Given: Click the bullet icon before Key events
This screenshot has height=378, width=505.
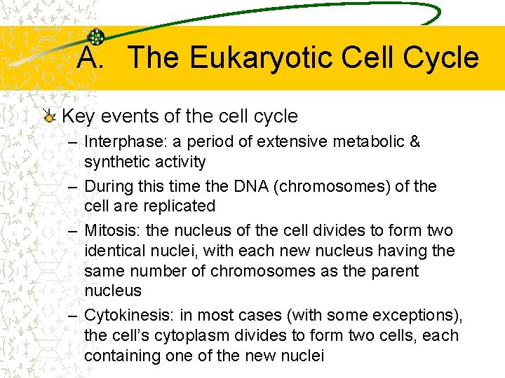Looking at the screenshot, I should pyautogui.click(x=50, y=116).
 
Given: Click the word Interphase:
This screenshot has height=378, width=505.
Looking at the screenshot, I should pyautogui.click(x=116, y=142).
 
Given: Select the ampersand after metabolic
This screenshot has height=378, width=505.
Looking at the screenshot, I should pyautogui.click(x=414, y=142).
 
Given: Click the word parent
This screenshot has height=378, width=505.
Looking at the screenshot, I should pyautogui.click(x=394, y=271).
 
